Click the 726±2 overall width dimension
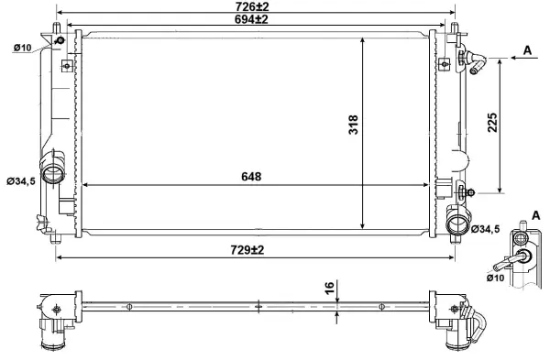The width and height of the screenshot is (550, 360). pos(257,6)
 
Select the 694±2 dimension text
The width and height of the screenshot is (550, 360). pos(257,19)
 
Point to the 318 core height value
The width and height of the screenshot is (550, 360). pos(354,129)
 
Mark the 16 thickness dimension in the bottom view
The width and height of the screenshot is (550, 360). pos(329,289)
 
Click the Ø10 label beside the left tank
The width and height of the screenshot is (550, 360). pos(22,48)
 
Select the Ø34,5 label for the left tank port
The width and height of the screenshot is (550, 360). pos(20,181)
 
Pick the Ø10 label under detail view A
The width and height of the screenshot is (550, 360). pos(495,276)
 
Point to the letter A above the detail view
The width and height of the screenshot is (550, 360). pos(534,214)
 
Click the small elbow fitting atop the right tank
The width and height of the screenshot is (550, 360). pos(474,62)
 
